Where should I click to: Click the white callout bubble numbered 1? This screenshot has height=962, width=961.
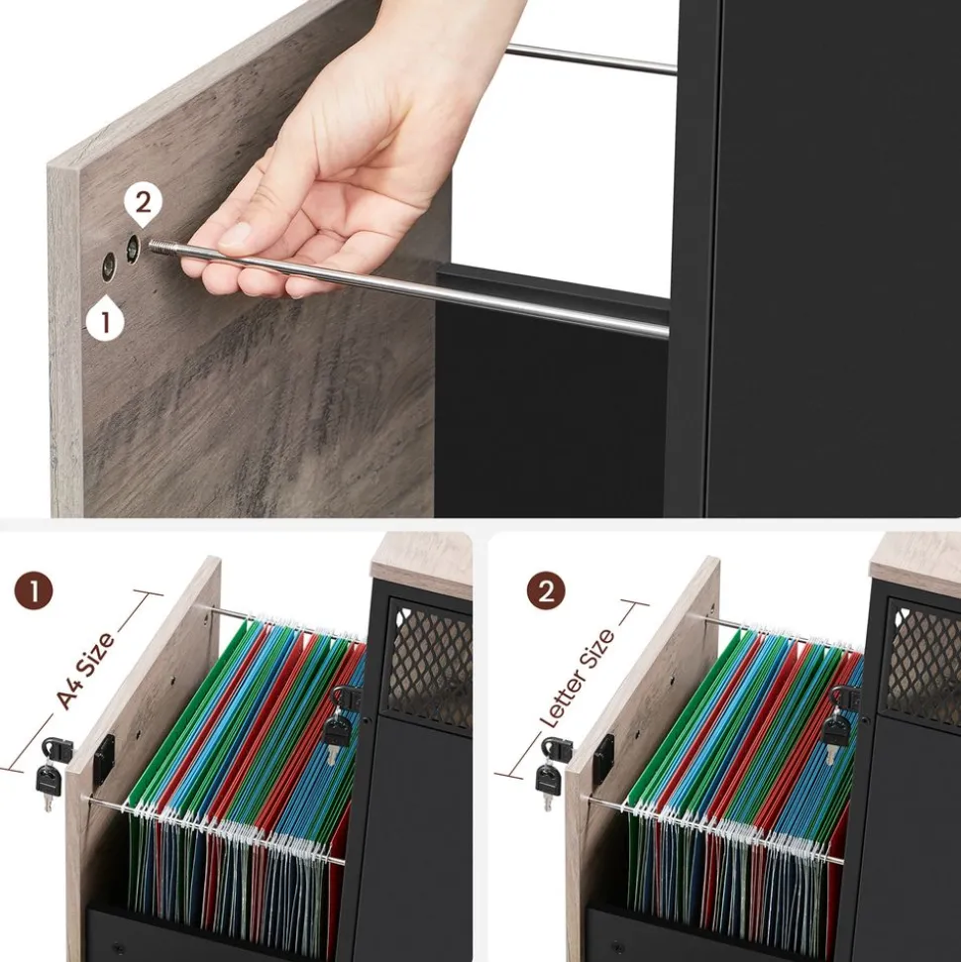coord(106,319)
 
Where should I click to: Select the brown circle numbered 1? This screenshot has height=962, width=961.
coord(33,591)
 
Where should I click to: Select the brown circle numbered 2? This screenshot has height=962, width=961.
coord(546,591)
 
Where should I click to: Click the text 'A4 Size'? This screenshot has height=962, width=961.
coord(84,670)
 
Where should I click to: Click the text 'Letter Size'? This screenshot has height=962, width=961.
coord(577,679)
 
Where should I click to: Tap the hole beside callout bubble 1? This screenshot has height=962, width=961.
coord(109,267)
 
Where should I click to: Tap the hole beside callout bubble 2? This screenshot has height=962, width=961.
coord(133,249)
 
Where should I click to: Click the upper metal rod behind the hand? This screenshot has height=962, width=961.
coord(590,59)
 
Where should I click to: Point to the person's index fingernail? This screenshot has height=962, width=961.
coord(235,235)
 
